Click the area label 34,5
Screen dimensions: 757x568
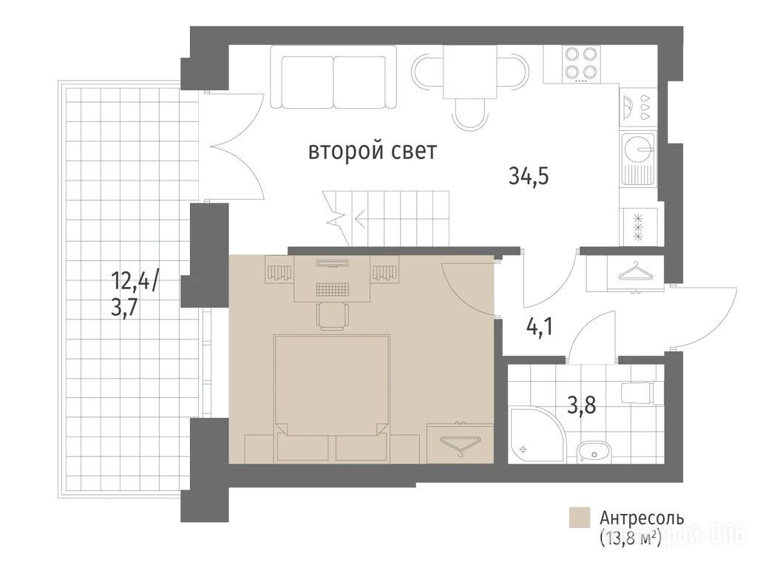tap(529, 176)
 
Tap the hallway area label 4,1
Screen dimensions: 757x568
tap(539, 328)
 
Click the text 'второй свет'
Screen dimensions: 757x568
tap(373, 151)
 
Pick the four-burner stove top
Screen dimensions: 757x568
tap(582, 64)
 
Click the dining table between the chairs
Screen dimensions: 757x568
tap(469, 72)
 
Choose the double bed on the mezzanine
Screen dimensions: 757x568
tap(332, 397)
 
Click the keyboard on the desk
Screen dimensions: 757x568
tap(332, 289)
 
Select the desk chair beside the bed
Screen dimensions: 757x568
tap(332, 317)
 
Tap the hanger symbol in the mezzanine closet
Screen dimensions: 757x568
tap(460, 444)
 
